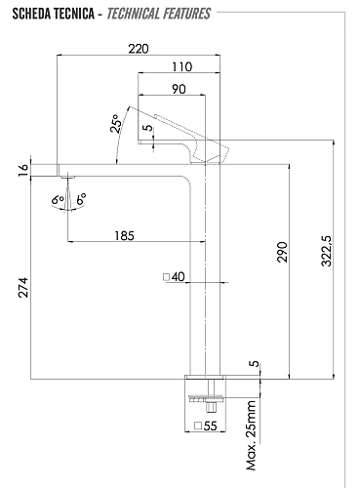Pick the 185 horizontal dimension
point(123,235)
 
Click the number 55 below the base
point(212,427)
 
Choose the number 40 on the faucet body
point(179,277)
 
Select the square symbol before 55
point(198,427)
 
